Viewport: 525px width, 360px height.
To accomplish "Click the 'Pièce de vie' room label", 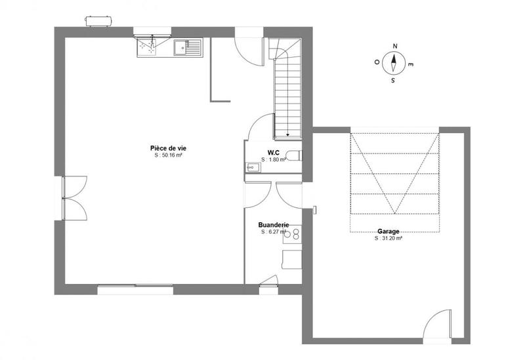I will pos(168,148).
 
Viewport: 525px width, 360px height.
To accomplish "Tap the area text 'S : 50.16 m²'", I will pos(168,156).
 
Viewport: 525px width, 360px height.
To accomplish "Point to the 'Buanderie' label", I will pos(274,224).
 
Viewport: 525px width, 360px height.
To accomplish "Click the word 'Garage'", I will pos(388,231).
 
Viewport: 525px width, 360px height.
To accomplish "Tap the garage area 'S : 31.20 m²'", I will pos(388,239).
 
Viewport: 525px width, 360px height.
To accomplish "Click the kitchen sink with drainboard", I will pos(188,47).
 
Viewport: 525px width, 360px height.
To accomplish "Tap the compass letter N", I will pos(395,46).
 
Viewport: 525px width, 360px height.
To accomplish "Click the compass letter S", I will pos(393,81).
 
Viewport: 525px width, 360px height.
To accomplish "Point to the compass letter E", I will pos(411,65).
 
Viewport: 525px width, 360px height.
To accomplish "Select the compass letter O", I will pos(377,62).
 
